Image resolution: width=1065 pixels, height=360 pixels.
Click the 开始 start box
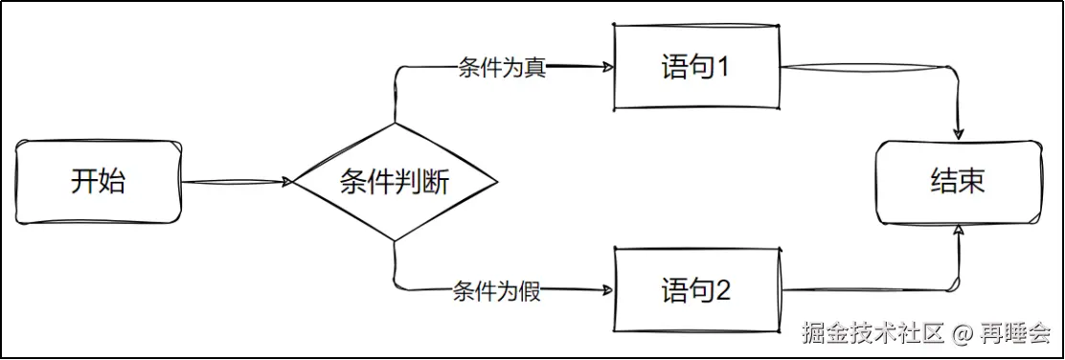pos(98,181)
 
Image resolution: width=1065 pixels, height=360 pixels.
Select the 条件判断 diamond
pos(395,181)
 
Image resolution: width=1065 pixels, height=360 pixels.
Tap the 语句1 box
pos(696,68)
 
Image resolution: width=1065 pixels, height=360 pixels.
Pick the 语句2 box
pos(696,290)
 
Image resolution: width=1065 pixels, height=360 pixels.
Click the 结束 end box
pos(958,181)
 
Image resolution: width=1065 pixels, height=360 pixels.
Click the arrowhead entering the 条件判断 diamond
pos(286,181)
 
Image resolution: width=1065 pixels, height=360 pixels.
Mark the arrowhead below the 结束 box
pos(958,229)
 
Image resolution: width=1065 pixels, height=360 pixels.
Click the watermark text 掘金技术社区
pos(873,333)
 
